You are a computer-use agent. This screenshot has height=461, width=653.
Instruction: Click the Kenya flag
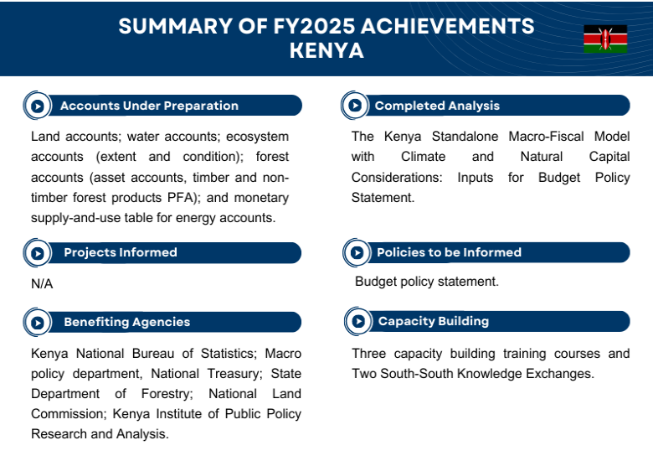605,39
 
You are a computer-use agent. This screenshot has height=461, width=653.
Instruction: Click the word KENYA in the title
326,50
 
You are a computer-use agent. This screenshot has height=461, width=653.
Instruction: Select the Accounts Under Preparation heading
149,106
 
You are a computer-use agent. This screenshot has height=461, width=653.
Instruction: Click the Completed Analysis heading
437,106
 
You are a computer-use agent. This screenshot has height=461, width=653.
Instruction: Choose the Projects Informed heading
121,252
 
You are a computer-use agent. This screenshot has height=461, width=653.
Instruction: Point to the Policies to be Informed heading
449,252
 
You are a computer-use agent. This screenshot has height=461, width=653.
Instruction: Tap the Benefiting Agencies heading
126,322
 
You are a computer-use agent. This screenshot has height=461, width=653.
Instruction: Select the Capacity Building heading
433,321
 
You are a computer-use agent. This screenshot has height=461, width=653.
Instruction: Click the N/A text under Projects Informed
42,284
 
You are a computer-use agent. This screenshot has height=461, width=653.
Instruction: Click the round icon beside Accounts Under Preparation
37,106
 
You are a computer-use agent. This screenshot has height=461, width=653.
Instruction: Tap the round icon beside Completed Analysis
355,106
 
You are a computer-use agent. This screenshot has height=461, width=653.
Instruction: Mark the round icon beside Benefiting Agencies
37,322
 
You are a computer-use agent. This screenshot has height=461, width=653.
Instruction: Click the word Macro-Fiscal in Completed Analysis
541,136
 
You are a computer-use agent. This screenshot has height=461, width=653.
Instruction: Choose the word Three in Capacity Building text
369,354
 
